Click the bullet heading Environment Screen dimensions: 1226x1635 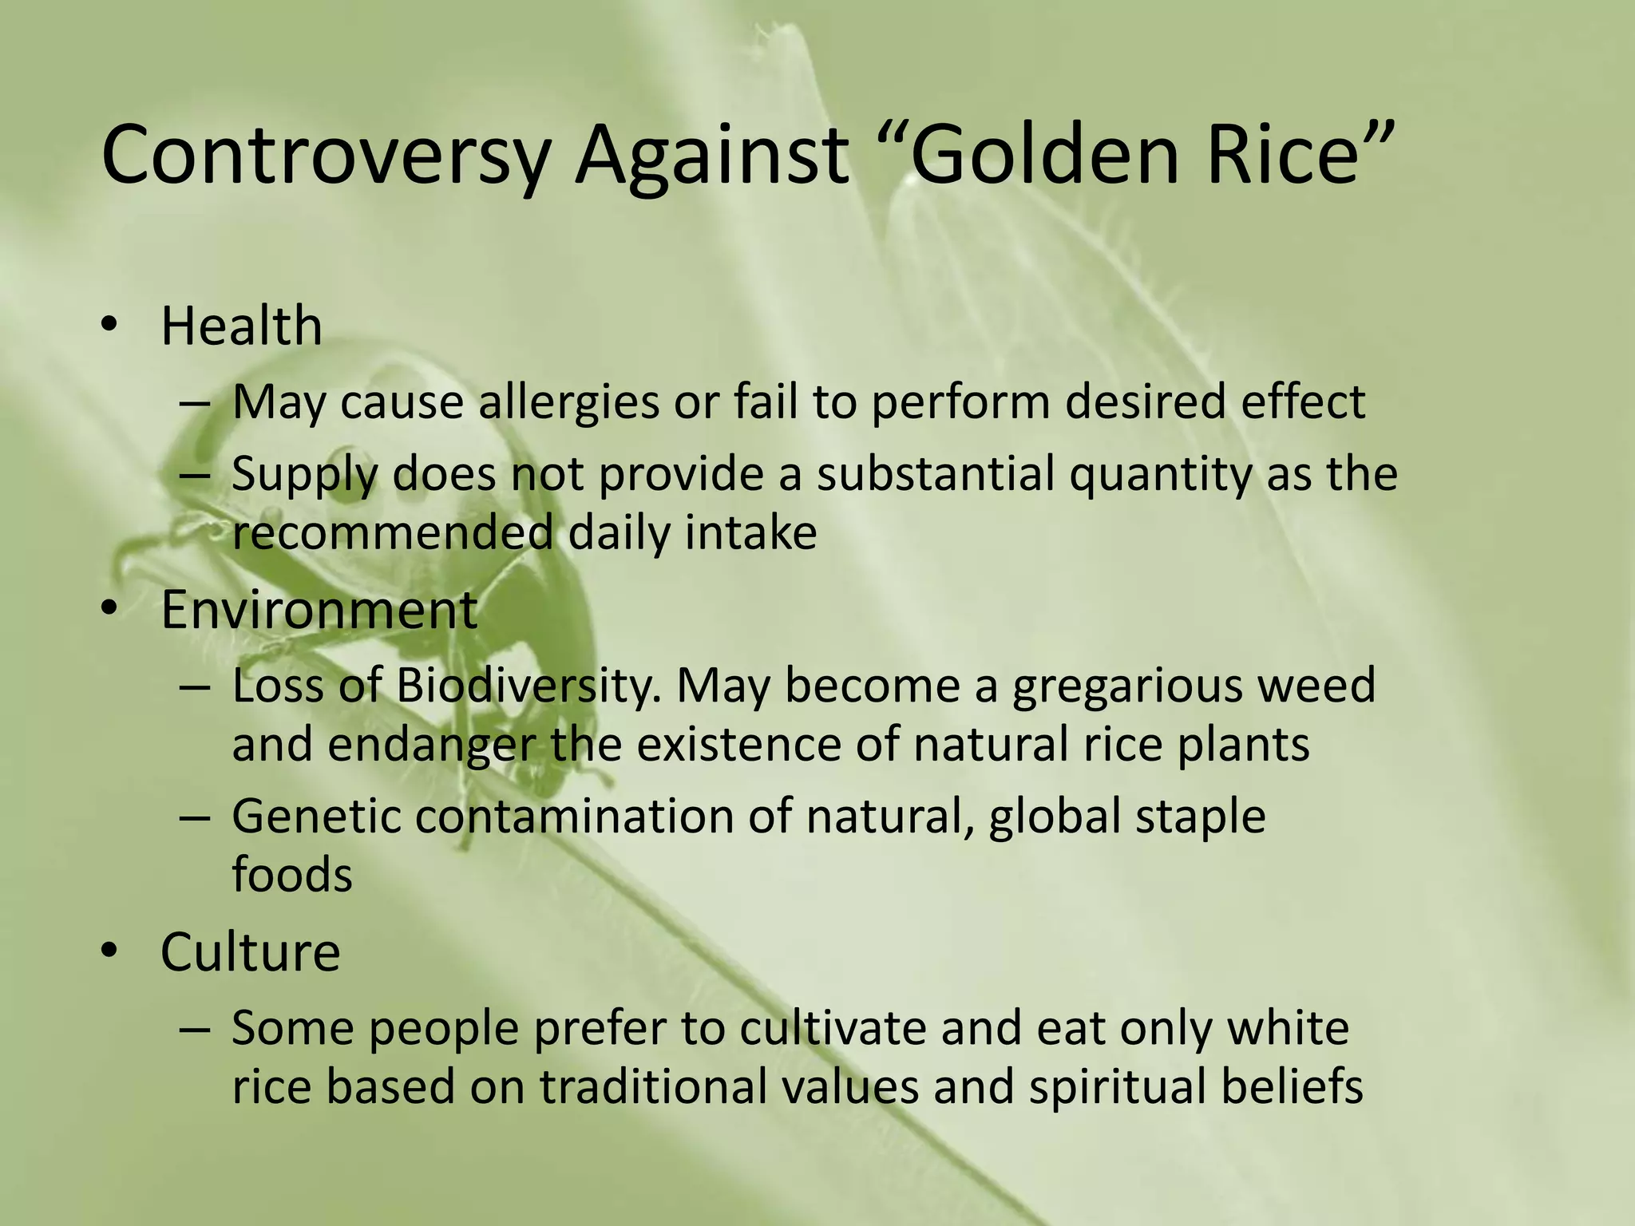(319, 610)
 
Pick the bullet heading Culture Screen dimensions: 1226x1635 (250, 951)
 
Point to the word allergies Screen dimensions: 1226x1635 (568, 401)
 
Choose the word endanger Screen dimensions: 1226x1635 (431, 745)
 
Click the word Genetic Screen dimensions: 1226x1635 (317, 817)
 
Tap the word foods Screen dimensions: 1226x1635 (292, 874)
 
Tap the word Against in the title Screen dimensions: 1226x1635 (712, 156)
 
